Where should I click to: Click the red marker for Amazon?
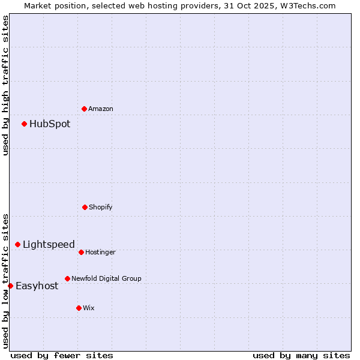pos(84,109)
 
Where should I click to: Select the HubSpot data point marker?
pos(24,124)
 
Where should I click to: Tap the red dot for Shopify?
pos(85,207)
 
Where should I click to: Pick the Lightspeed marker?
pos(17,244)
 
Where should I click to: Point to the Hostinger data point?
pos(81,252)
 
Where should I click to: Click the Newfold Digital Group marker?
pos(67,278)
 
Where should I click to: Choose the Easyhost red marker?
pos(10,286)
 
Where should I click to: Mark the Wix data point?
pos(79,308)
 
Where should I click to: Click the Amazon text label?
pos(101,109)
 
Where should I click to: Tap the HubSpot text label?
pos(50,124)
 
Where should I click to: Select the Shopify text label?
pos(101,207)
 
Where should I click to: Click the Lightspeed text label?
pos(49,244)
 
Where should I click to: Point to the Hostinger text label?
pos(100,252)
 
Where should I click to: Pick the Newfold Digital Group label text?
pos(106,278)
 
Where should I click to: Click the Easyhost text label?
pos(37,286)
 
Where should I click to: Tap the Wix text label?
pos(89,308)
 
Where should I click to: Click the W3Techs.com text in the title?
pos(307,5)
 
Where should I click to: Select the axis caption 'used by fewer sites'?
pos(62,355)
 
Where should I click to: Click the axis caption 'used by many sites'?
pos(301,355)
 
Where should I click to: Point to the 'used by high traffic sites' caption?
pos(5,86)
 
